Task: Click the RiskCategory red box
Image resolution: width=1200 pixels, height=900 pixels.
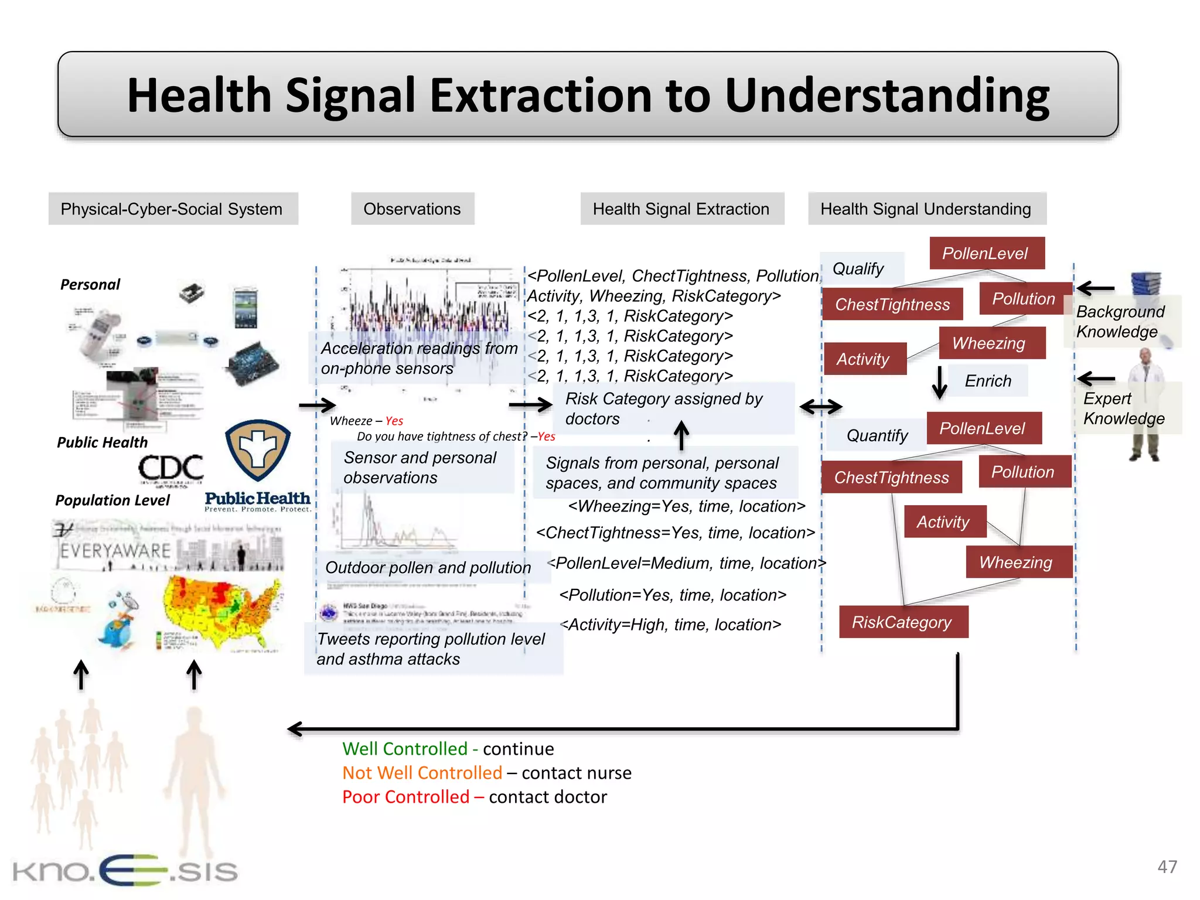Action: coord(903,622)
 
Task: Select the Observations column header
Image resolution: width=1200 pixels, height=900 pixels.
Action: coord(412,209)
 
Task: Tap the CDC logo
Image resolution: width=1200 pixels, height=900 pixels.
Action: coord(171,469)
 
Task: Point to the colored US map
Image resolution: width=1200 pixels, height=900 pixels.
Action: coord(223,609)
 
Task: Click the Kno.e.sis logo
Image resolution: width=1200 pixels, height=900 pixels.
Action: coord(125,871)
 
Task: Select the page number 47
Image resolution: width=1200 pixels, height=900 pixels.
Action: coord(1167,867)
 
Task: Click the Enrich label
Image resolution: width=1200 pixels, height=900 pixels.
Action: coord(988,381)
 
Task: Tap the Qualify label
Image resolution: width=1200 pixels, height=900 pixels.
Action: coord(858,269)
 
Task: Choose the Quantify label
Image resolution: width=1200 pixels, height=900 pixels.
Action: coord(877,435)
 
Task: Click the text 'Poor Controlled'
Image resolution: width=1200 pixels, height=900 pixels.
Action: coord(405,797)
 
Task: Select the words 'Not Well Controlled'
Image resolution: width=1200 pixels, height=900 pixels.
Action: coord(422,773)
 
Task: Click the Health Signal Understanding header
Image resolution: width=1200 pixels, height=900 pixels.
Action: coord(926,209)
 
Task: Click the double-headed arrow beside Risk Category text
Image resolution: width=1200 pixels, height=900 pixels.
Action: coord(821,407)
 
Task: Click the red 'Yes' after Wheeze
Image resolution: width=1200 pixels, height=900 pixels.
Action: coord(394,421)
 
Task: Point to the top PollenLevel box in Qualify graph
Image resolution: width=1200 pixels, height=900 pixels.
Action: coord(986,253)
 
